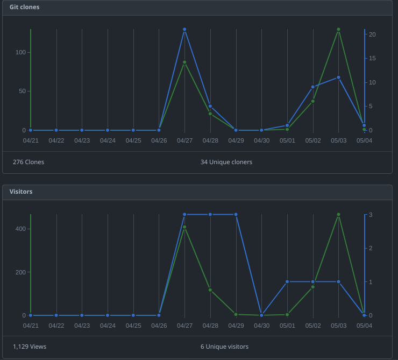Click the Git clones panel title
click(24, 7)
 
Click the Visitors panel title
click(21, 192)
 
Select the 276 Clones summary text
click(29, 162)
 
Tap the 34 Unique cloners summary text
click(226, 162)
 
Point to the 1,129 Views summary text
click(30, 347)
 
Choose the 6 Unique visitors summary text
click(224, 347)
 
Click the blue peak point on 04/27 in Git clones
click(184, 30)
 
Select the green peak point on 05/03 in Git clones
click(338, 30)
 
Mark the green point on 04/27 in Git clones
click(184, 62)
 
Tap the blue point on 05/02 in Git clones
click(312, 87)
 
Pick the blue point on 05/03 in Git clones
click(338, 77)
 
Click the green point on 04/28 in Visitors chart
click(210, 290)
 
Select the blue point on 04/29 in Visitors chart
click(236, 214)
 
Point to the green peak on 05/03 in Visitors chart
click(338, 214)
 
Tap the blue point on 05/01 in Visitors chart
click(287, 281)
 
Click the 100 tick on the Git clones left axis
click(20, 52)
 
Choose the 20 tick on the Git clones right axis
click(372, 34)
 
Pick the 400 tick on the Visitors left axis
click(20, 229)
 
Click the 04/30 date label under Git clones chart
click(261, 140)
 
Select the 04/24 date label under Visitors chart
click(108, 326)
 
